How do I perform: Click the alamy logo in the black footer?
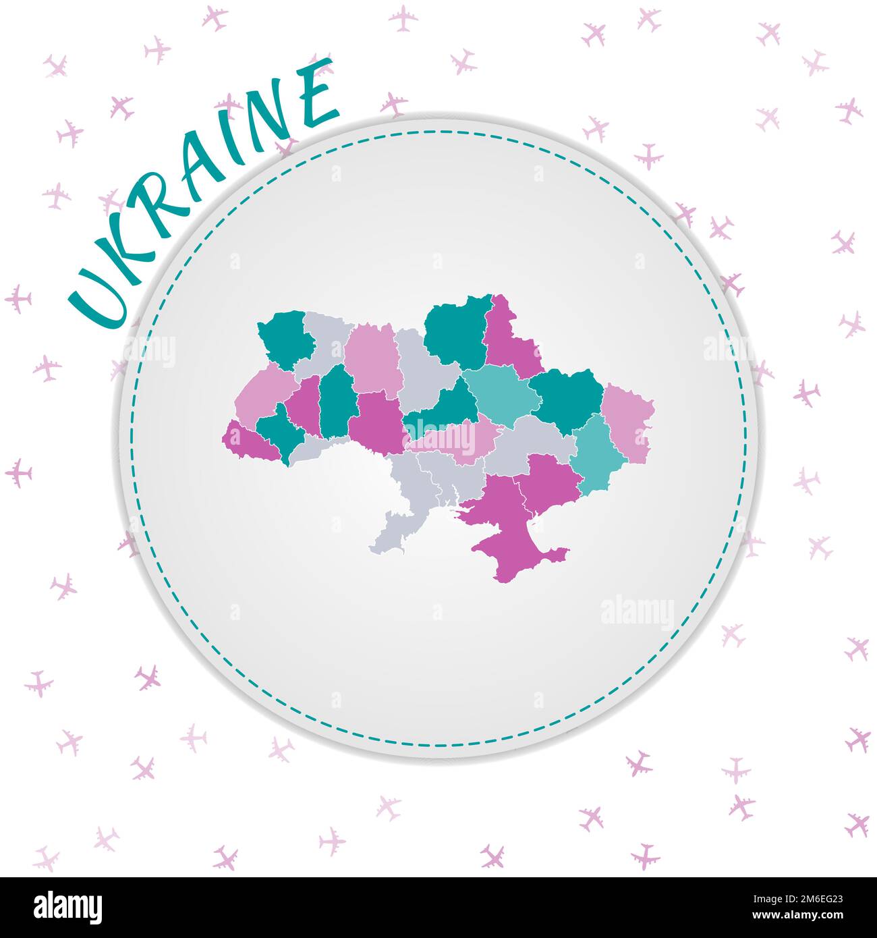click(68, 907)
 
